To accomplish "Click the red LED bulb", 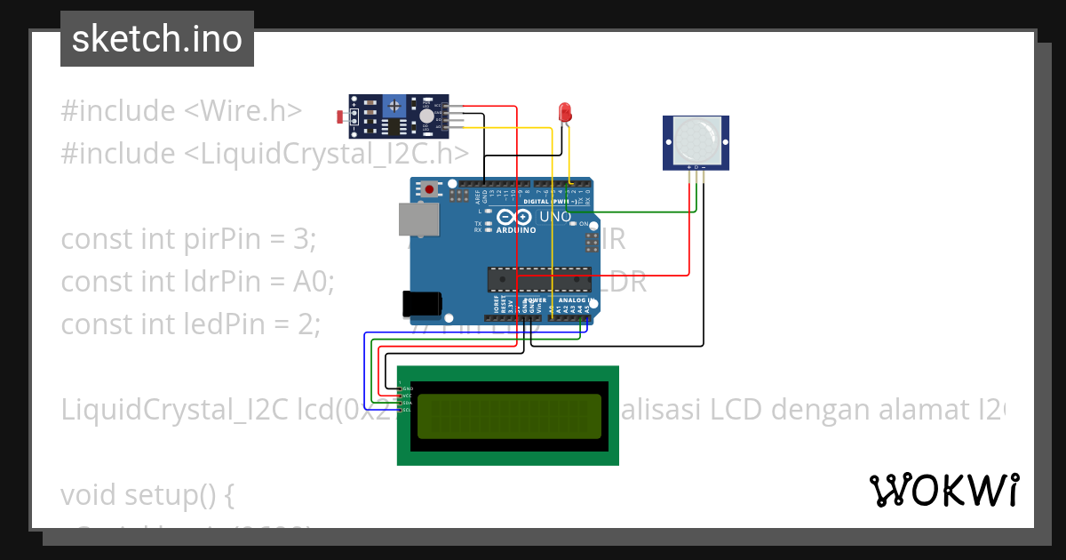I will (564, 112).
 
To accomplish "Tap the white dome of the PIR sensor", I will (696, 140).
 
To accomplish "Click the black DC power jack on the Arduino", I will (421, 304).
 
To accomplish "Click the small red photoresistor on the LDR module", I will (341, 116).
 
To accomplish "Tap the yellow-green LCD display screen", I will (508, 416).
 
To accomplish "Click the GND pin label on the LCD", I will (407, 388).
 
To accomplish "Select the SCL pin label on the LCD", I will (407, 410).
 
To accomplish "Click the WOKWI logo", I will (943, 490).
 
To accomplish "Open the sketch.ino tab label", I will (157, 39).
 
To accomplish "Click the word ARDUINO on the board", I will (516, 230).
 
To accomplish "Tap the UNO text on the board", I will (555, 216).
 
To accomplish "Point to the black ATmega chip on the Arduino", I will (538, 279).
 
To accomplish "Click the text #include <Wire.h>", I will (181, 111).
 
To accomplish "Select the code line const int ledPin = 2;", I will (190, 324).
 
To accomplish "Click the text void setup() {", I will (147, 494).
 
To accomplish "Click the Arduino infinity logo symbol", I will (516, 217).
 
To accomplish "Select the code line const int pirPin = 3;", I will (188, 239).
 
